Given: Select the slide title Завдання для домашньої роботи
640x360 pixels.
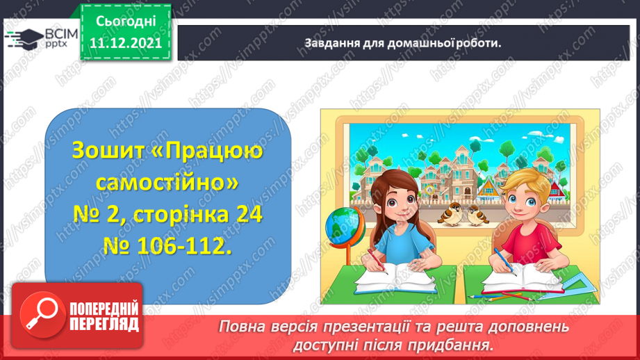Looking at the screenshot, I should [403, 42].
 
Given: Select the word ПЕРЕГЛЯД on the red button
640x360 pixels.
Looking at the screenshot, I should [103, 324].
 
